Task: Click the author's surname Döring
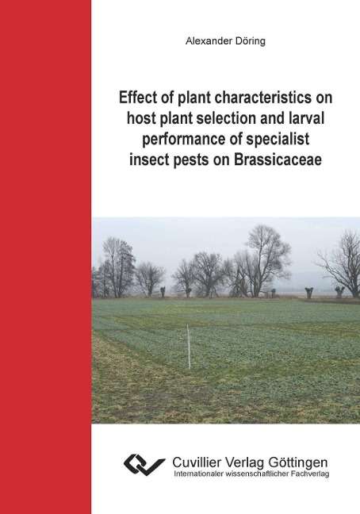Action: point(249,41)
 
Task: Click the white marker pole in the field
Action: point(189,347)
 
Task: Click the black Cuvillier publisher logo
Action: point(144,465)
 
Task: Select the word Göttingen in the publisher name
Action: point(298,463)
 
